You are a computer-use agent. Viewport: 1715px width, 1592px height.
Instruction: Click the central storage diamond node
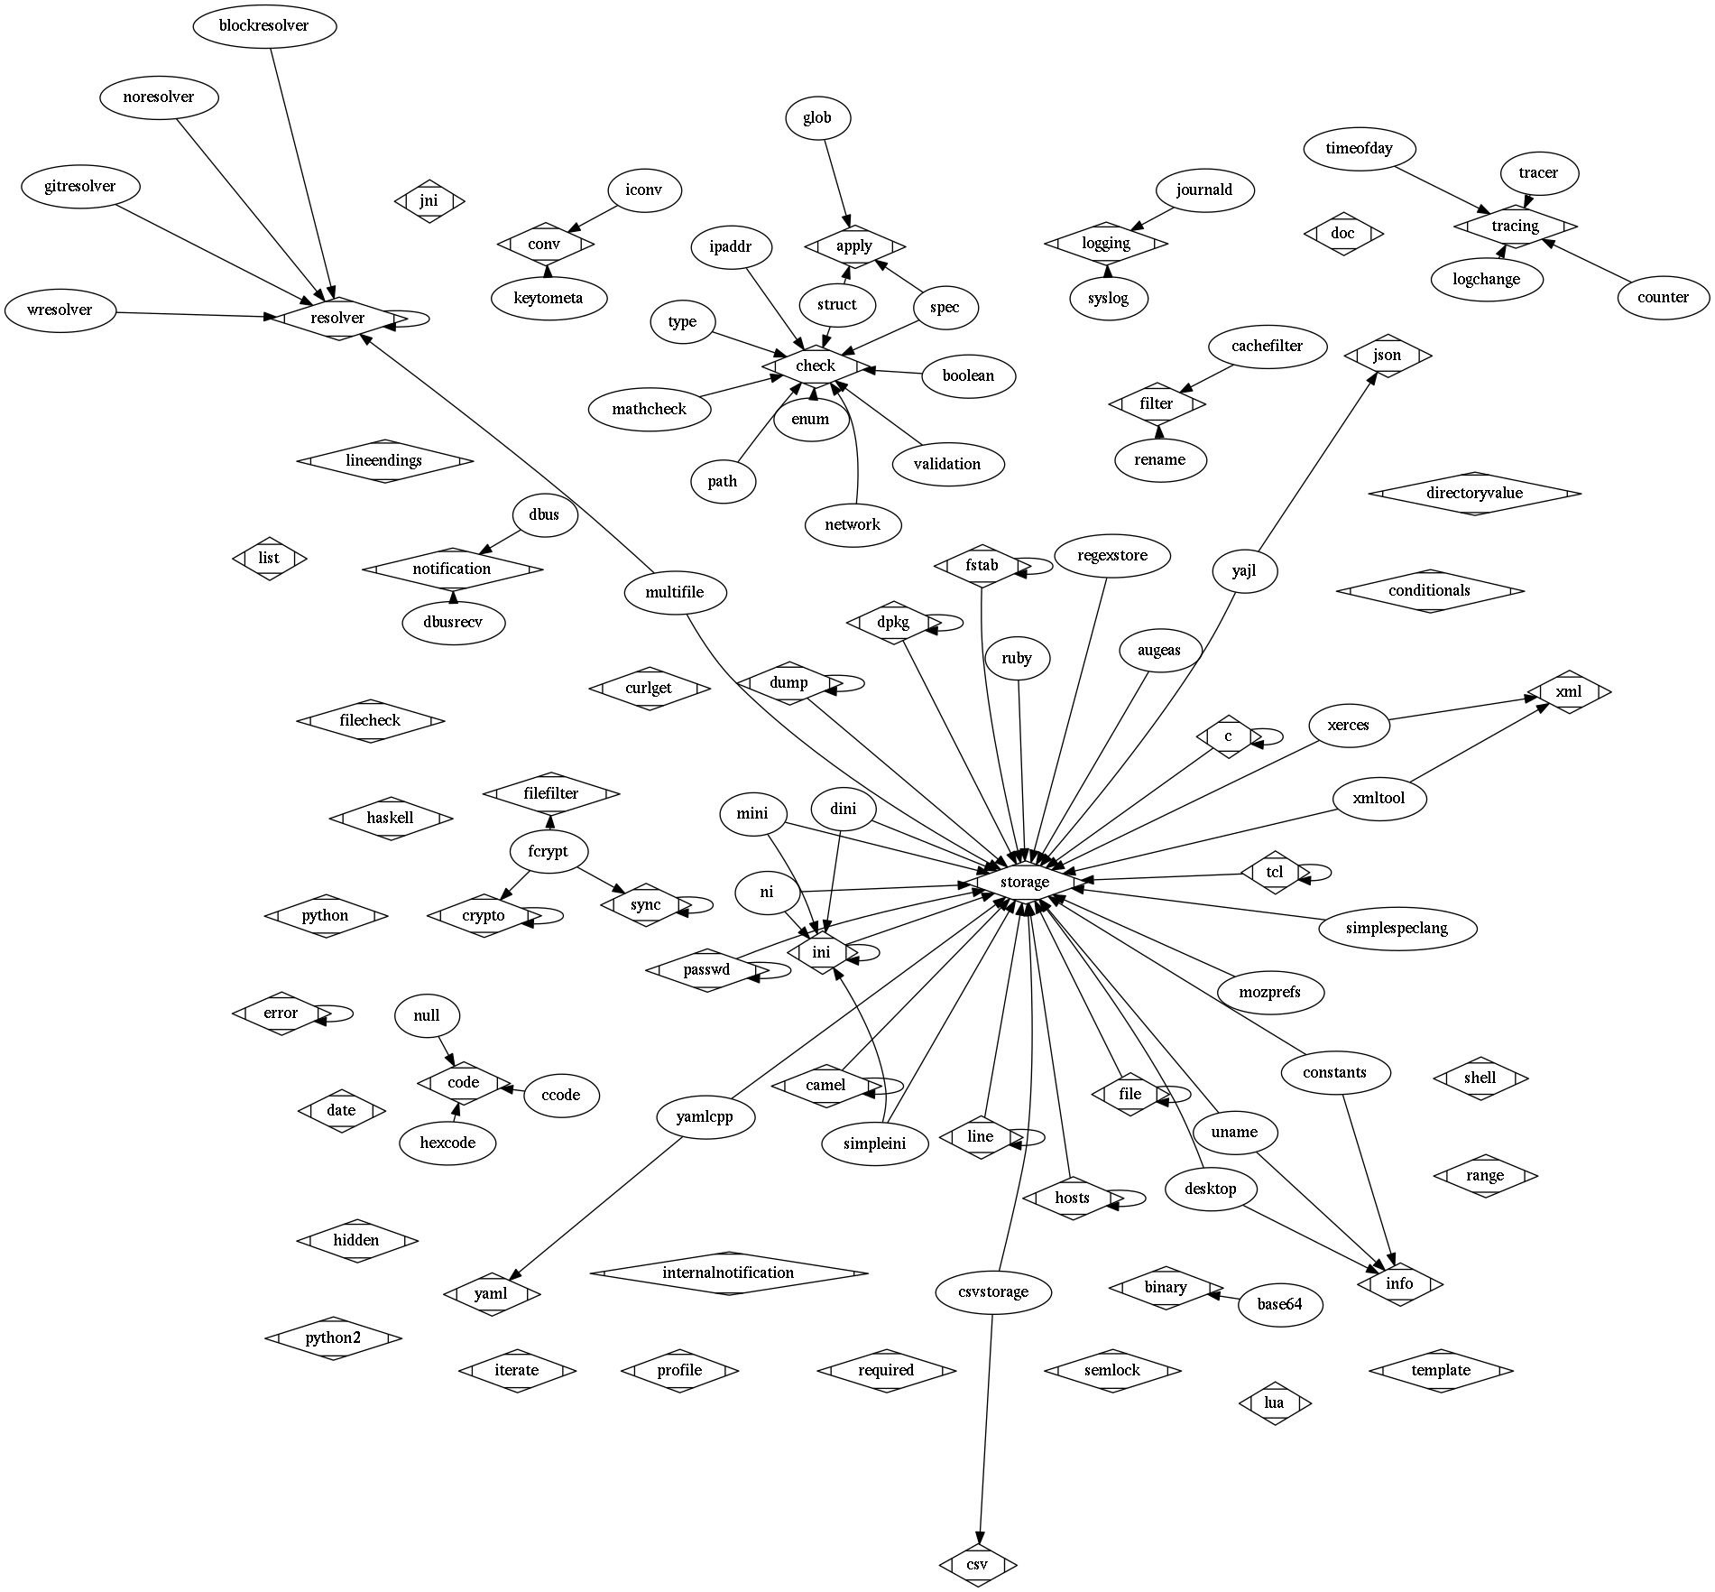click(1024, 882)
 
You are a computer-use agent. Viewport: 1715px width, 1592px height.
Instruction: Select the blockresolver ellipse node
click(264, 25)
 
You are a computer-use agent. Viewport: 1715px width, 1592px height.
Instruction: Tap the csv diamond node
click(977, 1565)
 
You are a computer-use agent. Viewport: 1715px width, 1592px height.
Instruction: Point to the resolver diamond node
click(337, 318)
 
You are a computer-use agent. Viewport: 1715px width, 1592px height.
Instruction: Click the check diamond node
click(816, 366)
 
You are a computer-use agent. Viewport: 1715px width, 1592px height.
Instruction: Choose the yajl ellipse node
click(1244, 571)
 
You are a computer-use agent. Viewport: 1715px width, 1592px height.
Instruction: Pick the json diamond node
click(1387, 356)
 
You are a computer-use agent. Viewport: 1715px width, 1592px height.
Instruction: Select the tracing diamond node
click(1515, 226)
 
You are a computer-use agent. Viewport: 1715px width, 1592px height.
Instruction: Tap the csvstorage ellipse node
click(993, 1292)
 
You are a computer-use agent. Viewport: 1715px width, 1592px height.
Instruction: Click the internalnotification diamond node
click(728, 1273)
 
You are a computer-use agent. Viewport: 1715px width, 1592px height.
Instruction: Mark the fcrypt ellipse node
click(549, 851)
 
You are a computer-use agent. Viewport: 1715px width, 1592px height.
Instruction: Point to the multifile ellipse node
click(674, 593)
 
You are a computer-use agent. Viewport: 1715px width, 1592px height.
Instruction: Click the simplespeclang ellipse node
click(1397, 928)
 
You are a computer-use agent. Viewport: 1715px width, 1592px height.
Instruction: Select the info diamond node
click(1399, 1283)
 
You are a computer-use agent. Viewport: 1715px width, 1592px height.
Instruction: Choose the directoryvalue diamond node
click(1474, 494)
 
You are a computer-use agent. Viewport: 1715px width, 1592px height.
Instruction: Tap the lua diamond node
click(1274, 1402)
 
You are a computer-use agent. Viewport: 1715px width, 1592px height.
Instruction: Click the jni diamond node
click(429, 200)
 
